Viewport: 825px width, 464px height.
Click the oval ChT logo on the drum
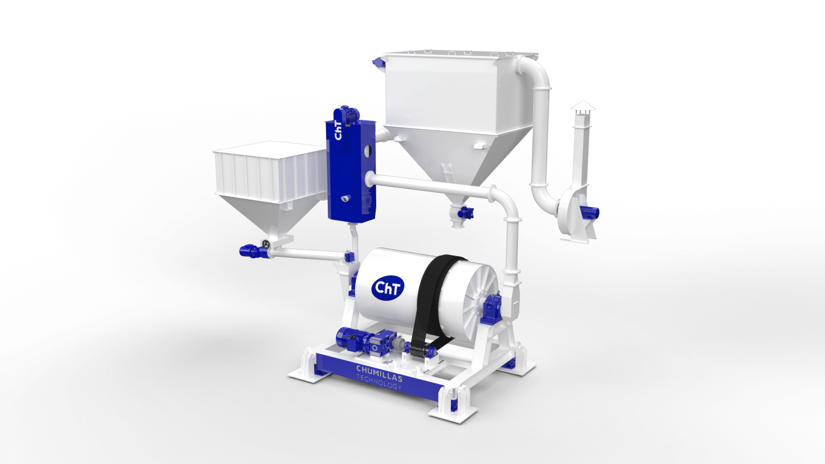click(x=388, y=288)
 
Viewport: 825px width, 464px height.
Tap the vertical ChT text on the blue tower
click(x=338, y=130)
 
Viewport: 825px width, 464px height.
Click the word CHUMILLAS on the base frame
click(x=379, y=373)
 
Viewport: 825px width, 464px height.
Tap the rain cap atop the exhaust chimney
click(x=582, y=106)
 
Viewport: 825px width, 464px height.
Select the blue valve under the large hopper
click(x=465, y=213)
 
